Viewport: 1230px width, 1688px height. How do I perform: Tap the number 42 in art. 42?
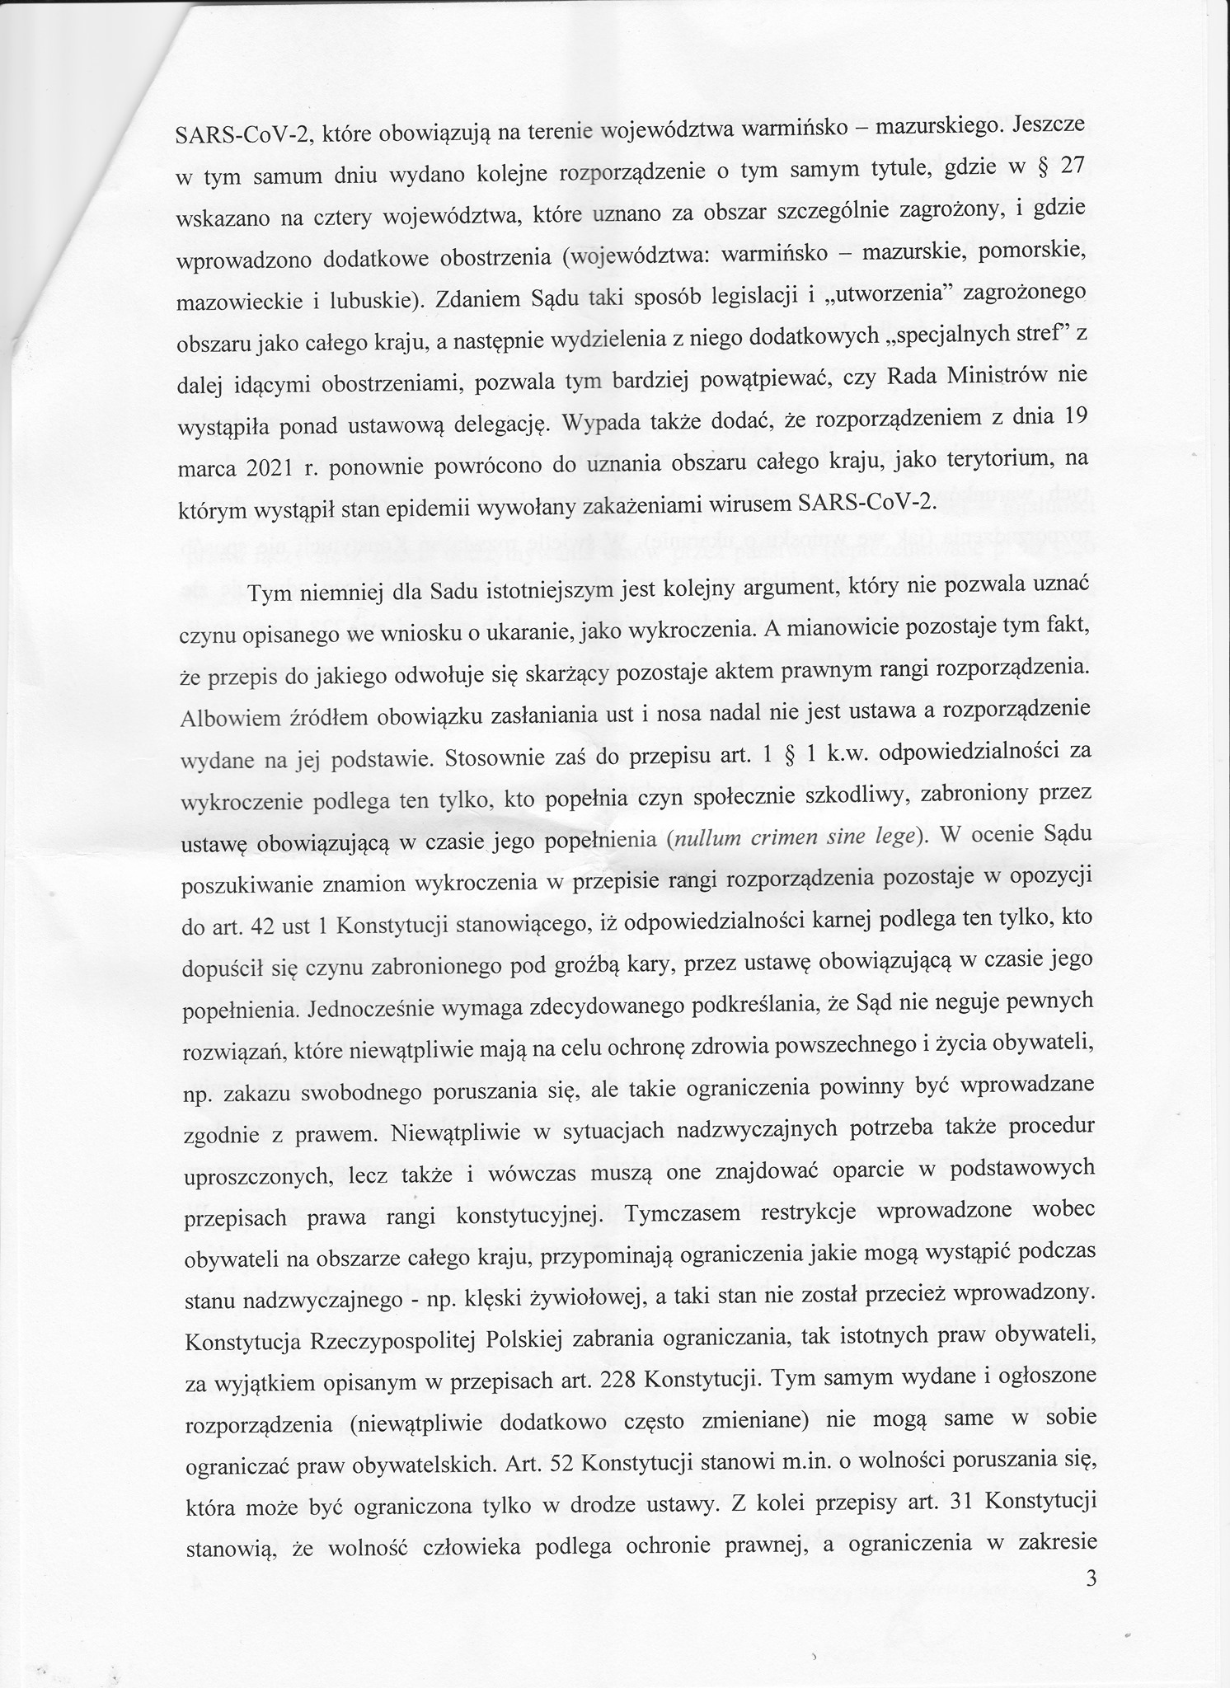(261, 926)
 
